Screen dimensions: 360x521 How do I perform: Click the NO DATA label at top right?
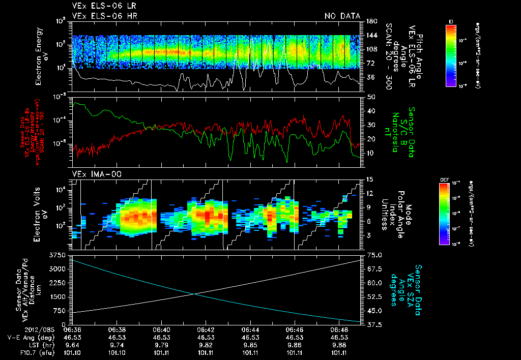point(341,16)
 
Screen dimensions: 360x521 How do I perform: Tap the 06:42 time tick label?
point(206,330)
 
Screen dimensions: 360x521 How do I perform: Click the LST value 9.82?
point(206,345)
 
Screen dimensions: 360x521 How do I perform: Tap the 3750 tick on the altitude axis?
point(56,254)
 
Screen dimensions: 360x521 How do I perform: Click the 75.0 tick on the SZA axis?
point(375,254)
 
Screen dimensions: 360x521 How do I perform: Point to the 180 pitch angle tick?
point(371,21)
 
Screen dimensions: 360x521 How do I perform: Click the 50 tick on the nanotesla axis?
point(370,96)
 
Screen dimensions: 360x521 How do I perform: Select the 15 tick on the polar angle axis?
point(369,179)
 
